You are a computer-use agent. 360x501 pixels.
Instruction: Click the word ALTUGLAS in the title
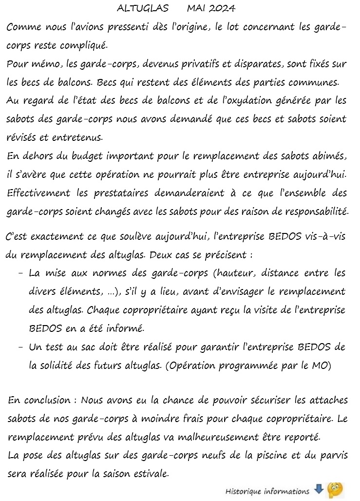[x=143, y=8]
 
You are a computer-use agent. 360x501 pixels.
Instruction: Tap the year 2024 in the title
[x=222, y=8]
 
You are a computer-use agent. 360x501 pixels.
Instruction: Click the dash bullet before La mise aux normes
[x=20, y=274]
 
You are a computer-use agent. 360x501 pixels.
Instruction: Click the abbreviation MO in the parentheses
[x=321, y=366]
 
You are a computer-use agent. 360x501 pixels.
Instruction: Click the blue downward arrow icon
[x=319, y=489]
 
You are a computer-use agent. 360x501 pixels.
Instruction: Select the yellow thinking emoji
[x=335, y=489]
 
